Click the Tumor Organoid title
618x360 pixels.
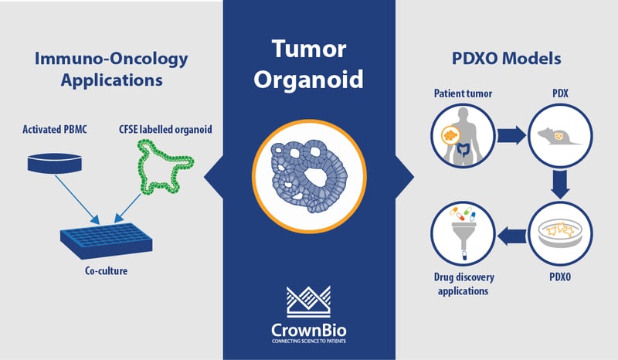click(x=308, y=64)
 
